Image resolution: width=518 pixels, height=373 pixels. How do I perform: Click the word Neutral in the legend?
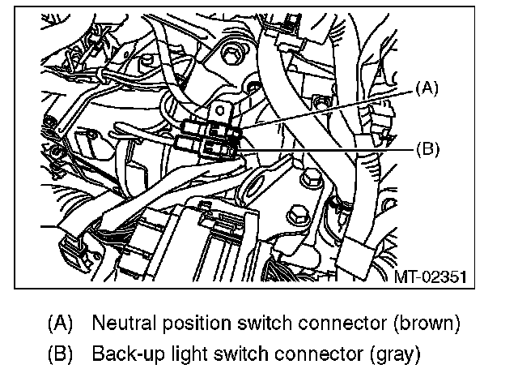(119, 323)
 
